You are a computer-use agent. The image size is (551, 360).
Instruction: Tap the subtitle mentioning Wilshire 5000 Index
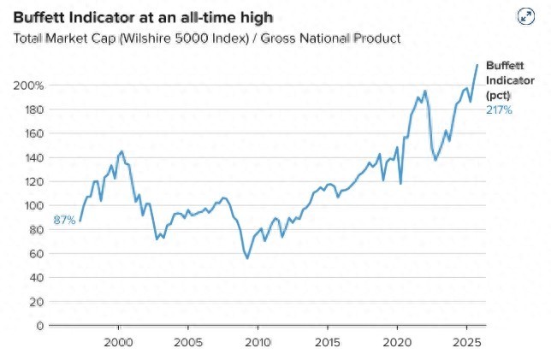(x=206, y=38)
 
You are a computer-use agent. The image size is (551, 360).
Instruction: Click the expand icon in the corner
(x=526, y=17)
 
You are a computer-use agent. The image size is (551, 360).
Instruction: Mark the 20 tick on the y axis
(x=36, y=301)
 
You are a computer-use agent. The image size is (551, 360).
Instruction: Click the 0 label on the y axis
(x=39, y=325)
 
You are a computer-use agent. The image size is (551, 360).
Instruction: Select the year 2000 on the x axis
(x=118, y=340)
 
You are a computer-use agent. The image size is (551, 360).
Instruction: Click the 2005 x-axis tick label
(x=187, y=340)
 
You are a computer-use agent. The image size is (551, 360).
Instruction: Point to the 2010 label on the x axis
(x=258, y=340)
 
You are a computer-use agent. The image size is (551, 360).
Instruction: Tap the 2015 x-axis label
(x=327, y=340)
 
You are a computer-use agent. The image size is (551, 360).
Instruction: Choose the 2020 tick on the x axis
(x=397, y=340)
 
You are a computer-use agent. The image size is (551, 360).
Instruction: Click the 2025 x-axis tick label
(x=466, y=340)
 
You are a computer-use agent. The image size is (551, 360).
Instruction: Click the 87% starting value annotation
(x=64, y=221)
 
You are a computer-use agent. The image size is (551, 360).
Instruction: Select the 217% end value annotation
(x=499, y=109)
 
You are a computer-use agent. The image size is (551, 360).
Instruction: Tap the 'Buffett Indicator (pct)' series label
(x=500, y=80)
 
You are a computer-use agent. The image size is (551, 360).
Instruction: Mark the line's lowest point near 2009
(x=247, y=258)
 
